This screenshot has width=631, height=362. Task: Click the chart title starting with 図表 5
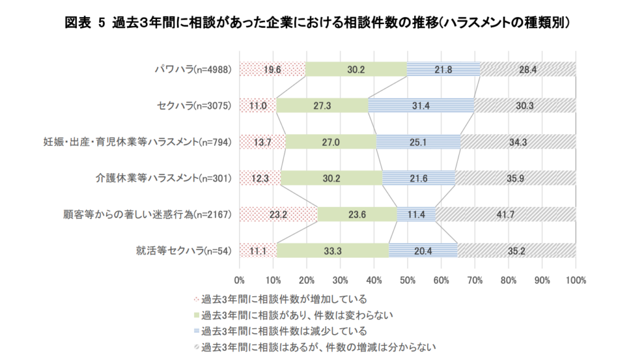315,23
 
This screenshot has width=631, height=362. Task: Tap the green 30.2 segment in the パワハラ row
356,70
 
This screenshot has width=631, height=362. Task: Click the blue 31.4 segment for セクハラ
421,105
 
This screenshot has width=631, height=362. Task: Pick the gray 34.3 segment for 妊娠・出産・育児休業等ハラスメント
518,142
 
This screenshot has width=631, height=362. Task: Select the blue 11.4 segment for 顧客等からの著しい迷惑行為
417,214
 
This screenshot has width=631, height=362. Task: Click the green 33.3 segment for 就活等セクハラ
333,251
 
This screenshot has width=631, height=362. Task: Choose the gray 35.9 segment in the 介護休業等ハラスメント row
515,179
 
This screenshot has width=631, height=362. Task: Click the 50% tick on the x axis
407,280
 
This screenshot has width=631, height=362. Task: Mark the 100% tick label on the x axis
575,280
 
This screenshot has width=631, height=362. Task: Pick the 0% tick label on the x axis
240,280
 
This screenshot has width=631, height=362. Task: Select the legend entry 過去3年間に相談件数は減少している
280,331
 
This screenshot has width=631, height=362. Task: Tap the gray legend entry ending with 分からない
314,346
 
